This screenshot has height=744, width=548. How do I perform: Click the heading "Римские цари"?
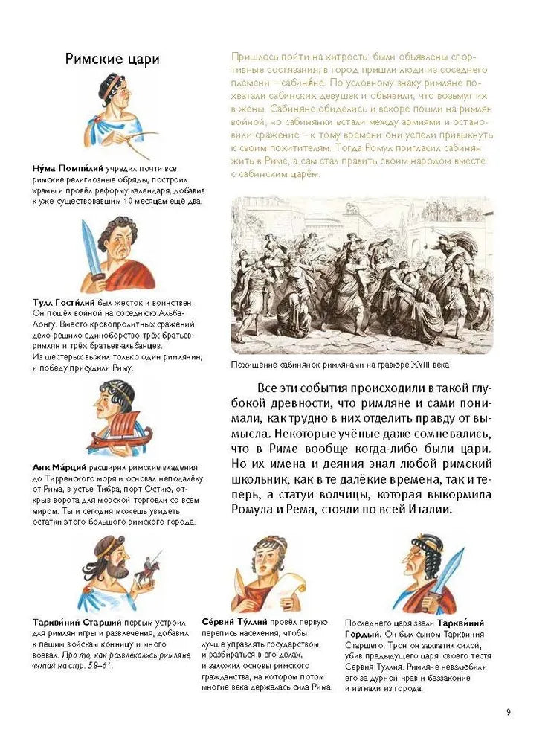[x=112, y=59]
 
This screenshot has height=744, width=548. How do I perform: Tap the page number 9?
[x=509, y=712]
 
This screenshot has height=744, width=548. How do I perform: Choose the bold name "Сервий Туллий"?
[x=233, y=621]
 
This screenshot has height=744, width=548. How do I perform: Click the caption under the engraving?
[x=341, y=365]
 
